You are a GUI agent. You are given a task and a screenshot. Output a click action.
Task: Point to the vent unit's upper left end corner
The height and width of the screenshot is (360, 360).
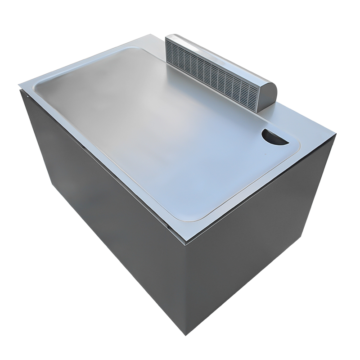tap(166, 37)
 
